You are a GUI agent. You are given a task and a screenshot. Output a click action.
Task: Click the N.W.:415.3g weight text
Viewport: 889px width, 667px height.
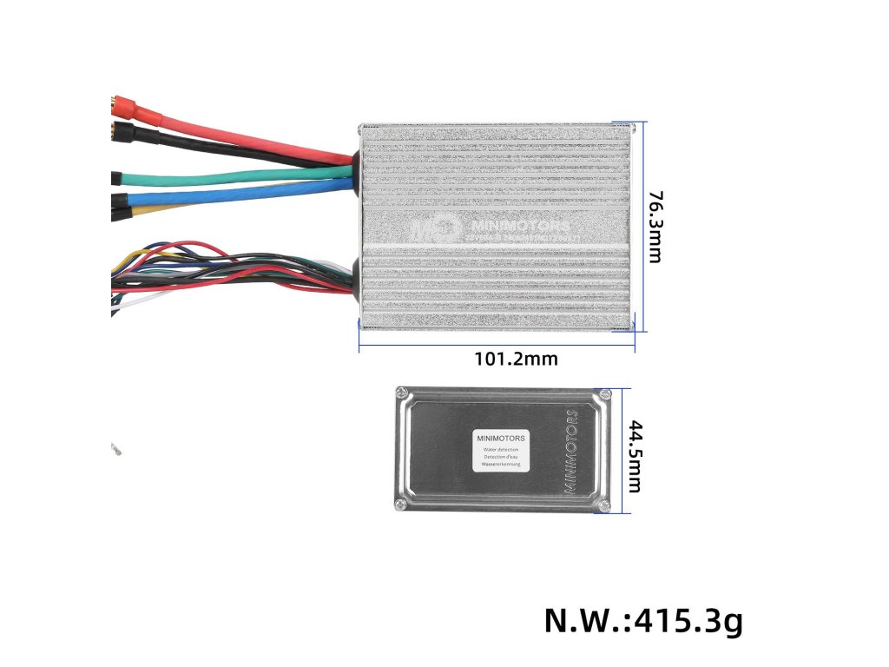click(x=643, y=621)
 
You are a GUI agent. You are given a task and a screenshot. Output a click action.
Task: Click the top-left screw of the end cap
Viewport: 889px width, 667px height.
click(x=402, y=393)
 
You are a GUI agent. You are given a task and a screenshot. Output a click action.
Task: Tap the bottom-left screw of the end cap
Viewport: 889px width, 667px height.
click(x=400, y=505)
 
